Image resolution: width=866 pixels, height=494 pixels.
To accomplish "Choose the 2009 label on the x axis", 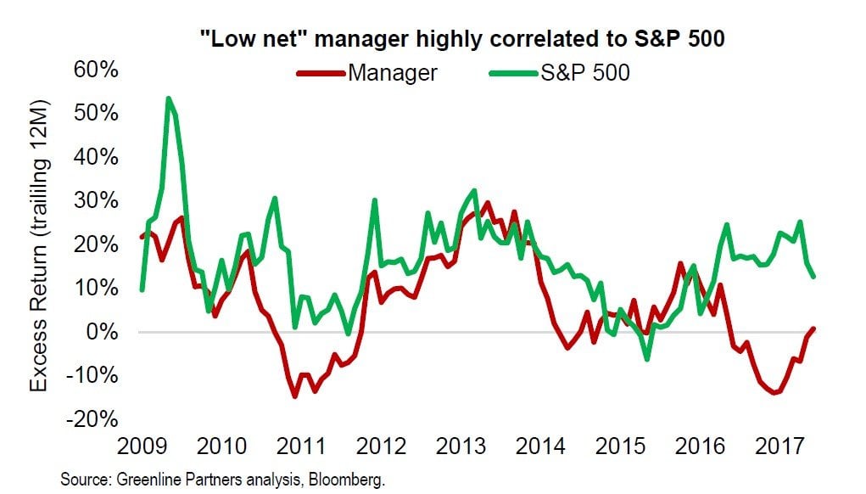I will pos(140,446).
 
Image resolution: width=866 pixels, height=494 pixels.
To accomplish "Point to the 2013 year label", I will pos(462,446).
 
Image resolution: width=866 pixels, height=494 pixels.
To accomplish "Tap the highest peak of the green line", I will pos(169,98).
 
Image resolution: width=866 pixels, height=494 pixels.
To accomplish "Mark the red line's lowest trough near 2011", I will pos(294,396).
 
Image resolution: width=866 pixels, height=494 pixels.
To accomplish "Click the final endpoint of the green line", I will pos(814,277).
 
